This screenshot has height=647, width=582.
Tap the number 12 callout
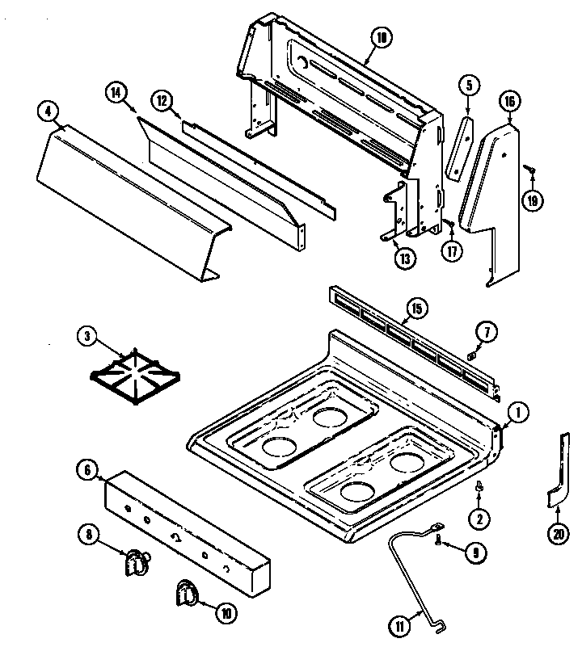(162, 101)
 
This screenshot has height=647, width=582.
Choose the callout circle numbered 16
(508, 102)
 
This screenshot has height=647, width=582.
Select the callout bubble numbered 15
(415, 308)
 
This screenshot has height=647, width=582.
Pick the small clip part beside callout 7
(471, 355)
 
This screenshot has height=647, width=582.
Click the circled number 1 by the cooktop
(517, 413)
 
